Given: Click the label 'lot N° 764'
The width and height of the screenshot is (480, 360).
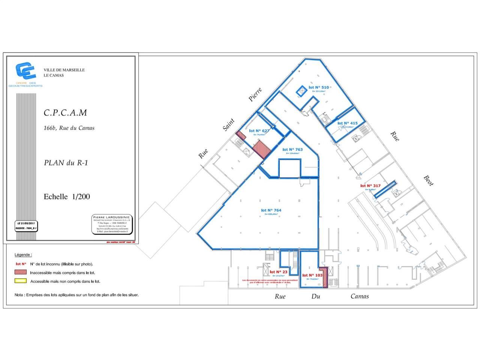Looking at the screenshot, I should (271, 210).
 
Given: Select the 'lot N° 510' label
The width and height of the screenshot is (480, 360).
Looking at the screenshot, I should (318, 87).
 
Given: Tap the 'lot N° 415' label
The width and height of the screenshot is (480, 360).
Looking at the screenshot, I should (347, 123).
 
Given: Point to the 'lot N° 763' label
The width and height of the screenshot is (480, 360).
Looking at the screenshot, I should (292, 149).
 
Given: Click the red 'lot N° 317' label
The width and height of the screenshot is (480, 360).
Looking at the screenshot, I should (370, 186).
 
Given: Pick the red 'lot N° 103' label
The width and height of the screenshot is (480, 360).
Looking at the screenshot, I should (312, 275).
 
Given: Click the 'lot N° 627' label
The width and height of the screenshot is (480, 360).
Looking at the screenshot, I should (259, 131).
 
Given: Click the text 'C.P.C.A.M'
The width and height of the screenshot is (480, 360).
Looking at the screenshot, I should (65, 112).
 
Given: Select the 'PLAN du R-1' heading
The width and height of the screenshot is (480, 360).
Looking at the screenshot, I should (66, 163).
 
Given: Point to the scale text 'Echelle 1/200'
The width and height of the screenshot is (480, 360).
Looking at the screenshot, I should (67, 196).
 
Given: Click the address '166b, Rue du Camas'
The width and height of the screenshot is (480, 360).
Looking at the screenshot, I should (69, 128).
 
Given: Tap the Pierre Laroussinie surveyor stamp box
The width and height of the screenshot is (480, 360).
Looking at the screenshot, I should (112, 224).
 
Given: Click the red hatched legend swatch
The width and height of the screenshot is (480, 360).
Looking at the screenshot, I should (21, 272).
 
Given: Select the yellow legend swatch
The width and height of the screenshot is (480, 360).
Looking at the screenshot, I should (21, 280).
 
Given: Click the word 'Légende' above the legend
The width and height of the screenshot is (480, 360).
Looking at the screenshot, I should (23, 255).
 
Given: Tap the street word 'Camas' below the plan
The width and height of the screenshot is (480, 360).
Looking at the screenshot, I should (359, 296).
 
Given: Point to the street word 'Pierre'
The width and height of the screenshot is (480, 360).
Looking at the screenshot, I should (255, 94).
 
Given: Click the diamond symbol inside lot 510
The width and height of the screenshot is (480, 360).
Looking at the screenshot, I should (301, 91).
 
